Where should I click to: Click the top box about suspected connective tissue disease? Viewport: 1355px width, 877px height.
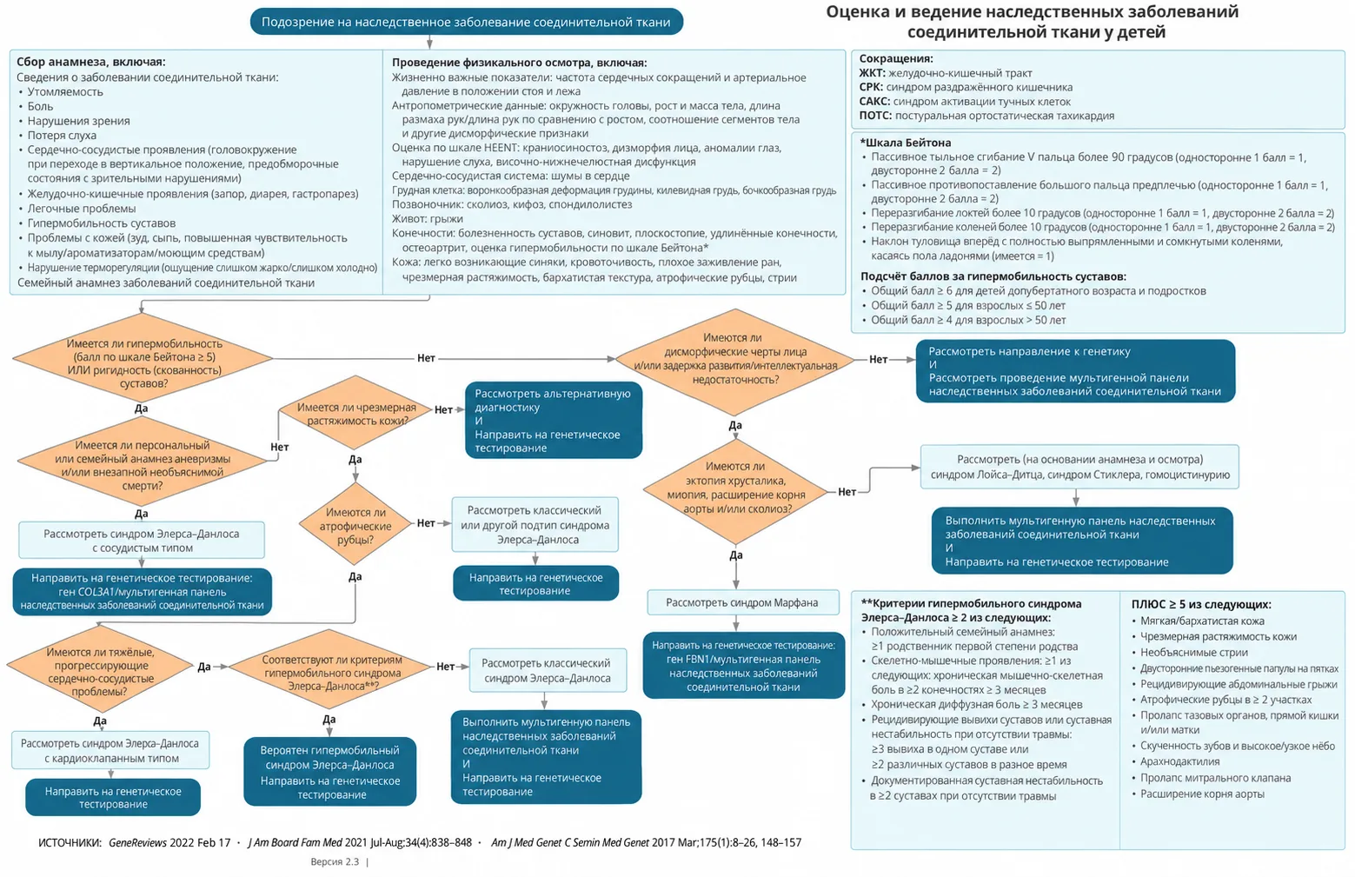point(467,22)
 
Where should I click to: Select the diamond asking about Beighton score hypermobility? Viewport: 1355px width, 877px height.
point(143,358)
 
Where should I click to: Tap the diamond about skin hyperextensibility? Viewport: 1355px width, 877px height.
point(355,413)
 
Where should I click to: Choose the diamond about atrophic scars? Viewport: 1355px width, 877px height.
point(355,524)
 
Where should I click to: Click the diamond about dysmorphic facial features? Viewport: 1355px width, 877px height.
point(735,361)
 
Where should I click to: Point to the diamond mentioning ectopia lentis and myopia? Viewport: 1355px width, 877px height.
point(735,491)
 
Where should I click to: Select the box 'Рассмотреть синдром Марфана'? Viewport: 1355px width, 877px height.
point(742,602)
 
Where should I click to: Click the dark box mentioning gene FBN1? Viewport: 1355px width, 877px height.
point(743,666)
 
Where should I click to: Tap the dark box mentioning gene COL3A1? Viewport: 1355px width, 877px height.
point(143,592)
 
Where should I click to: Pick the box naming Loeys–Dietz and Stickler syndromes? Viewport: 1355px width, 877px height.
point(1079,467)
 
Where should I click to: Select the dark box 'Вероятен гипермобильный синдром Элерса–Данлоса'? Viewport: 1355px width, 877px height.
point(330,771)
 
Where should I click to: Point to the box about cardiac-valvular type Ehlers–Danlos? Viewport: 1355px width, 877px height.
point(110,750)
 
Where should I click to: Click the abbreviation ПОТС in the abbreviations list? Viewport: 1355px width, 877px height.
point(875,116)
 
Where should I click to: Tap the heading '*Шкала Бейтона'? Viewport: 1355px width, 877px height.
point(906,143)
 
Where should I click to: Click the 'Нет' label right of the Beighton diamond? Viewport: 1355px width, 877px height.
point(426,358)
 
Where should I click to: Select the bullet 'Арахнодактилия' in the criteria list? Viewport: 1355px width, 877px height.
point(1175,761)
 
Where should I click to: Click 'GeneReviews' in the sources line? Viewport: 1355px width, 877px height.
point(137,842)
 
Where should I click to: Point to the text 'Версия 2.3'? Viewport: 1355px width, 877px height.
point(335,862)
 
